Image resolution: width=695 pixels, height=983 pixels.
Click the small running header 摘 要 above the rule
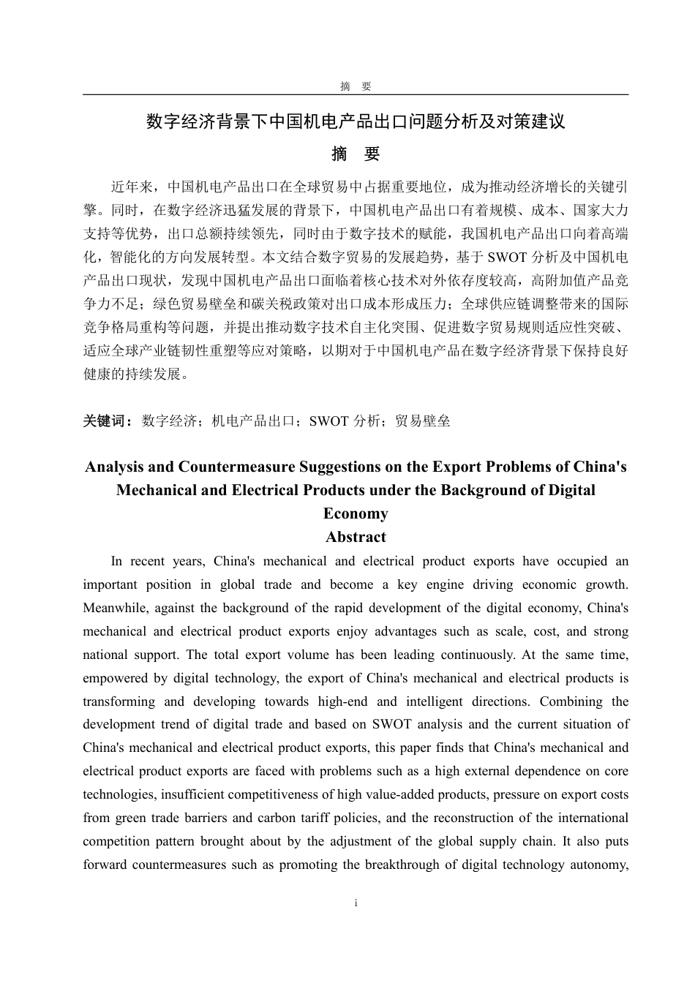point(356,86)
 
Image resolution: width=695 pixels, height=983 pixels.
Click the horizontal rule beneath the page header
point(356,94)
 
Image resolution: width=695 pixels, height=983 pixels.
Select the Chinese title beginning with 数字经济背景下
point(356,121)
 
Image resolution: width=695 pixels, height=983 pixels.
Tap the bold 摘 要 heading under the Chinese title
point(356,154)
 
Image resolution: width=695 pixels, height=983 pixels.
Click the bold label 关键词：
point(108,421)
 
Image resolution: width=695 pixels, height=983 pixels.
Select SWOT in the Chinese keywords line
point(329,421)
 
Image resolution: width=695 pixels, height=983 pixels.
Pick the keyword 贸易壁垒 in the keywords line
point(422,421)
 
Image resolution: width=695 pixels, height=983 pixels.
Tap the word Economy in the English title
point(356,513)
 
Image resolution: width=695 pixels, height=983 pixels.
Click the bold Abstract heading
point(356,537)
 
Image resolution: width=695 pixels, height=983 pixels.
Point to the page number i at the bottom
point(356,903)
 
